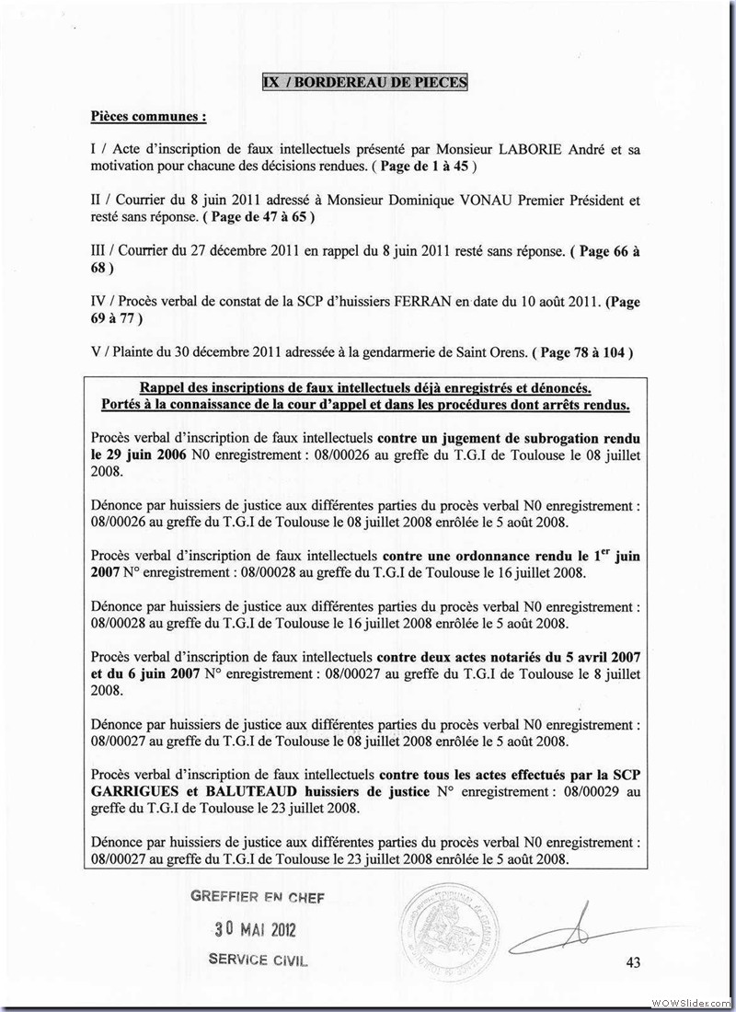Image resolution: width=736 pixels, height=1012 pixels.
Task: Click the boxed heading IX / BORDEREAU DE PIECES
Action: (x=364, y=83)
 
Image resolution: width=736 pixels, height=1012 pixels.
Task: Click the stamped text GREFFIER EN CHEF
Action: (x=258, y=897)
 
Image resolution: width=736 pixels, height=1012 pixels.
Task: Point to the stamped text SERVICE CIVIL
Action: (x=259, y=959)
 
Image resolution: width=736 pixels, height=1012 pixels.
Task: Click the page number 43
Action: (x=632, y=962)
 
